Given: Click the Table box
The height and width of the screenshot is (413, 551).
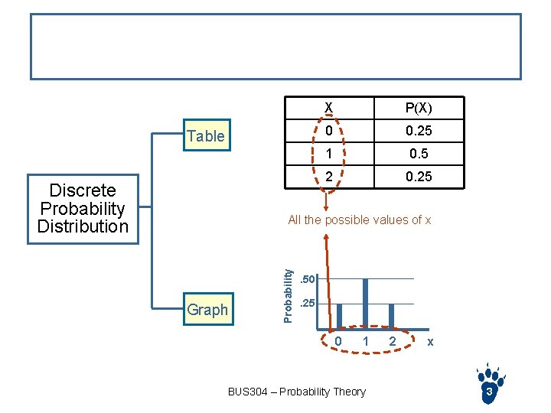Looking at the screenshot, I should point(206,136).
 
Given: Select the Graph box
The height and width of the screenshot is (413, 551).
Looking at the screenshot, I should point(207,310).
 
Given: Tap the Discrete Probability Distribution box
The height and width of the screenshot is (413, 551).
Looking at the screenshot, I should point(83,209).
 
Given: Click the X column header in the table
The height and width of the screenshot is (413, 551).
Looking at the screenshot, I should point(328,107).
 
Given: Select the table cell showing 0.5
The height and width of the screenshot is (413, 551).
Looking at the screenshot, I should point(418,153).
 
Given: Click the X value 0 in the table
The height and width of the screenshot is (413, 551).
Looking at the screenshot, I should point(328,130).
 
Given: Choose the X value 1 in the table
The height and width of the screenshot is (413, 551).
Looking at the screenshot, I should point(328,153).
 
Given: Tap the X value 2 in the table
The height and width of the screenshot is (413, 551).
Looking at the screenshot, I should point(328,176).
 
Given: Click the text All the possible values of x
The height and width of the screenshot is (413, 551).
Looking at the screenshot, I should point(360,220).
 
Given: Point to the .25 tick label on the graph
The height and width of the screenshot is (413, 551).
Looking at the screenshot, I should point(307,304).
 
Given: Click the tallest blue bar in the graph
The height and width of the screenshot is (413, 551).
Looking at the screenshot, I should point(365,301).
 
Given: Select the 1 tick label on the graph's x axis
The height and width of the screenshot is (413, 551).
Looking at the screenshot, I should point(366,341).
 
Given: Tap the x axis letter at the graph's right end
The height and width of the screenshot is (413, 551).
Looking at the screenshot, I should point(430,342).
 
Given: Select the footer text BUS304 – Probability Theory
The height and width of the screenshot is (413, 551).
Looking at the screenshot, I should point(297,392).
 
